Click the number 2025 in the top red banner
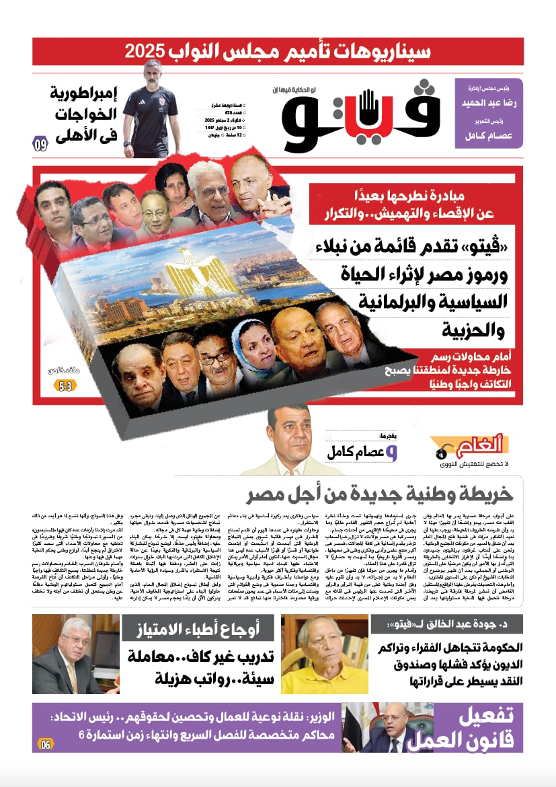(147, 51)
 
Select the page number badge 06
(45, 744)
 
